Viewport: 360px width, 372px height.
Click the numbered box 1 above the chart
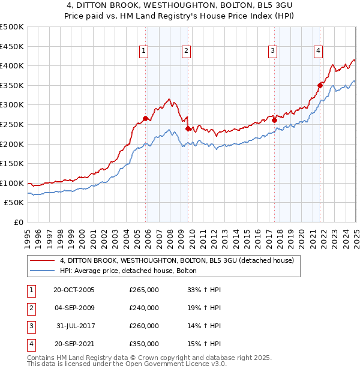[x=145, y=51]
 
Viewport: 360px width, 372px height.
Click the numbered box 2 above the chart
[x=187, y=51]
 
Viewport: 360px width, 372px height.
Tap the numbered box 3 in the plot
[x=272, y=51]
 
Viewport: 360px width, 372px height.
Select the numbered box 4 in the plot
[x=317, y=51]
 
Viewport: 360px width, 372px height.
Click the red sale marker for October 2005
[x=145, y=118]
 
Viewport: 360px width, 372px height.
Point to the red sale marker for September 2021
[x=320, y=85]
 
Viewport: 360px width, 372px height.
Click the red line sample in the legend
[x=41, y=261]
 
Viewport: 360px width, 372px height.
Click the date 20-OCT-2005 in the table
[x=74, y=290]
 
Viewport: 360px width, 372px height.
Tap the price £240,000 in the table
[x=144, y=308]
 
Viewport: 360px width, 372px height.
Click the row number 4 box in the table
[x=31, y=344]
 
